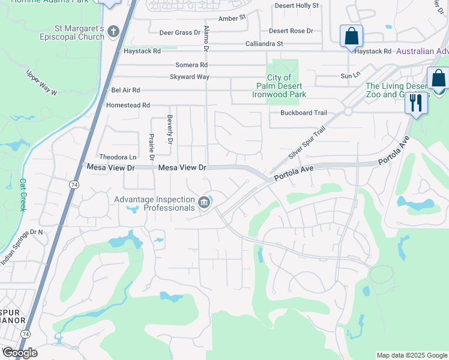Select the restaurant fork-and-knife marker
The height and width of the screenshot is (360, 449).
416,103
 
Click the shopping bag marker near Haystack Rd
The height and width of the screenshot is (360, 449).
351,37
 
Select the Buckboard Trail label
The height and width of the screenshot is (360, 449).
303,113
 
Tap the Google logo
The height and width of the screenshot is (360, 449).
20,353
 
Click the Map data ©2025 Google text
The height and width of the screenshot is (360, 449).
412,355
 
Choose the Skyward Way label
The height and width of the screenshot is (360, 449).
189,77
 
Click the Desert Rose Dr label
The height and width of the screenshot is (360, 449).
291,31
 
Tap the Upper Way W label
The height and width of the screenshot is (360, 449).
41,82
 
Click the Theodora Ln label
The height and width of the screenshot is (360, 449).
118,157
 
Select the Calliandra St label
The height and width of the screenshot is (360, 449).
264,44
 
